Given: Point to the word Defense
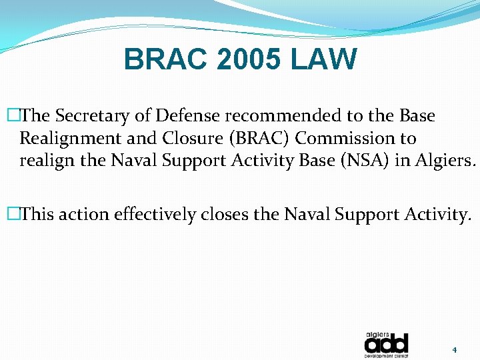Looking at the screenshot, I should coord(188,116).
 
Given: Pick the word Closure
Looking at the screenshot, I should coord(179,139).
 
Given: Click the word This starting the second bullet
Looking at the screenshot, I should coord(37,215).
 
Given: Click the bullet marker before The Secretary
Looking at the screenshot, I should coord(11,116).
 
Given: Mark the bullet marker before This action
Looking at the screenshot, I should coord(11,215).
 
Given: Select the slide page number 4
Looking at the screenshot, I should coord(454,349).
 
